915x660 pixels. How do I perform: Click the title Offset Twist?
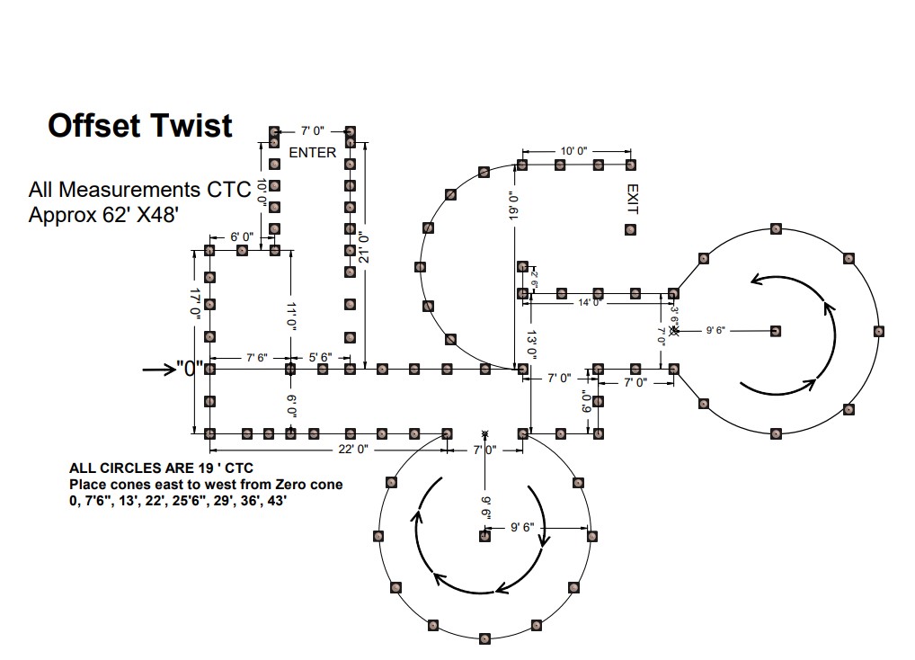click(x=140, y=125)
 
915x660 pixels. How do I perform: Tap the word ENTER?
click(x=312, y=153)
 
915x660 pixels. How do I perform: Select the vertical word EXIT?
click(x=632, y=199)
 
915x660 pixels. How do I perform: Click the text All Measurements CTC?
click(x=139, y=190)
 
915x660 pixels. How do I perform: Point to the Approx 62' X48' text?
click(x=110, y=216)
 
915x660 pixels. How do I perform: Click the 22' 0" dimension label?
click(x=347, y=449)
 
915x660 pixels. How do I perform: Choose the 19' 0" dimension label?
click(x=514, y=206)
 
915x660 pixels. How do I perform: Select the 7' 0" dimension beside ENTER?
click(x=312, y=132)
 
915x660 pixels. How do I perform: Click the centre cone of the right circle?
click(x=776, y=331)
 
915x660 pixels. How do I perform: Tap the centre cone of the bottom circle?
click(x=485, y=536)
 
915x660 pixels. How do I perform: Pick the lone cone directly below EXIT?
click(x=630, y=230)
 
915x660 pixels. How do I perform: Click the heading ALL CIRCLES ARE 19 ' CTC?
click(x=161, y=468)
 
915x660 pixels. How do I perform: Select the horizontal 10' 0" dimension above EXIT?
click(x=573, y=151)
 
